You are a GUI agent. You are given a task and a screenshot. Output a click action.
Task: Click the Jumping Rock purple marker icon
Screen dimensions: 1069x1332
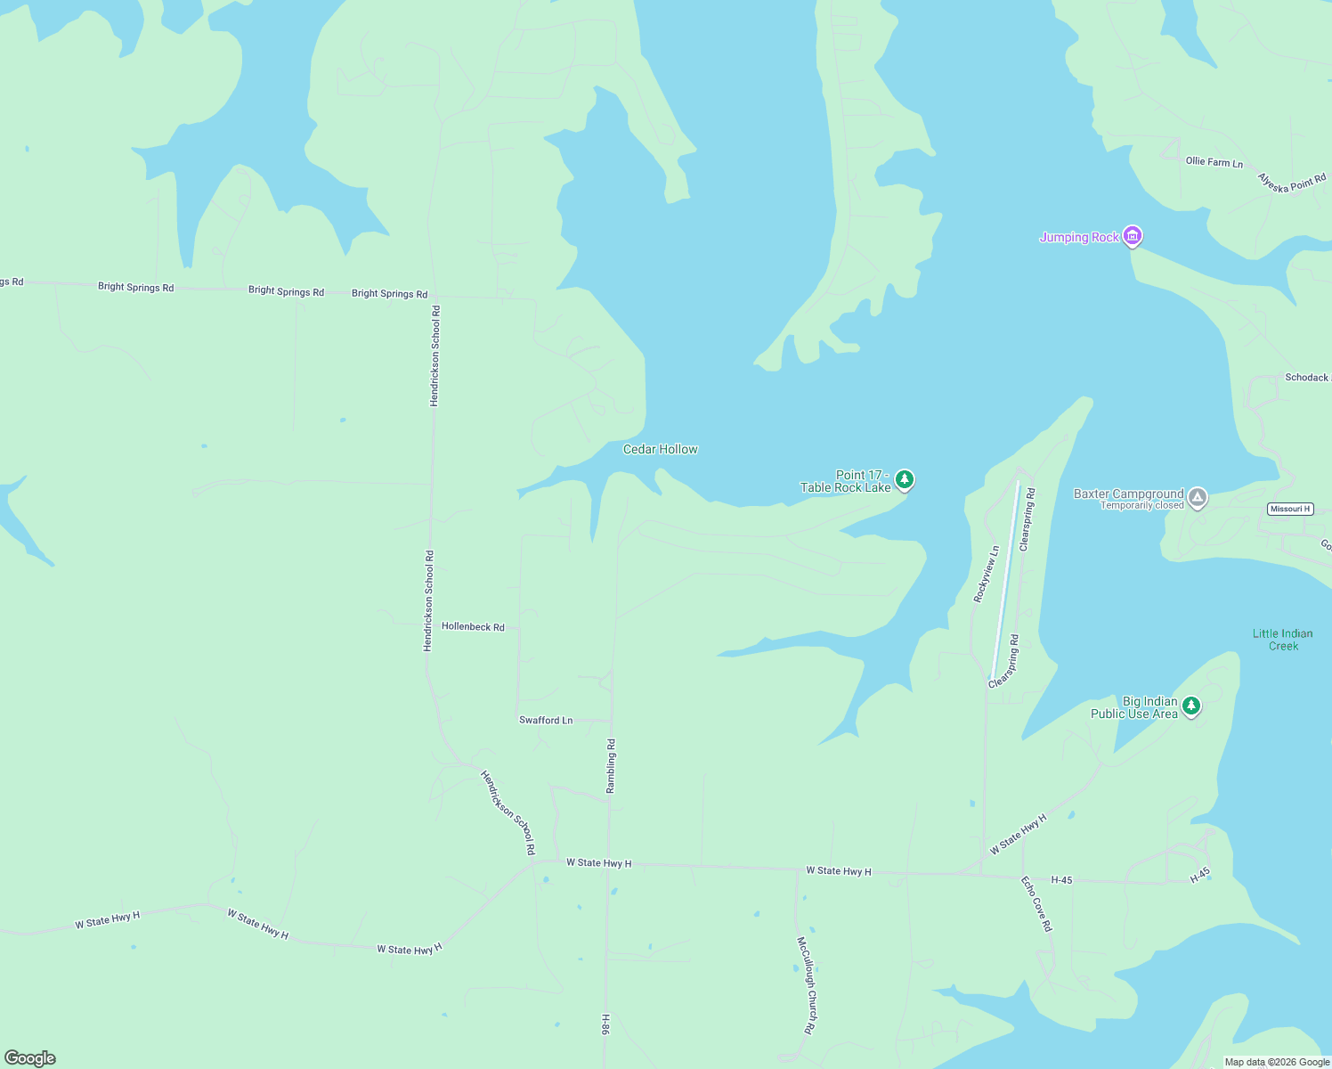point(1133,236)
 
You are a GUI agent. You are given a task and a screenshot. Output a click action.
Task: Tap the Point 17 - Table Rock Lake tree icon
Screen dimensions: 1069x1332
point(905,480)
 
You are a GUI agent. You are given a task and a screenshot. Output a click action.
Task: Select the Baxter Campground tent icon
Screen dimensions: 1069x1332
point(1198,497)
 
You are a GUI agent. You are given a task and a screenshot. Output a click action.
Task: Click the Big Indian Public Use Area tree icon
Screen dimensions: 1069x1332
point(1191,706)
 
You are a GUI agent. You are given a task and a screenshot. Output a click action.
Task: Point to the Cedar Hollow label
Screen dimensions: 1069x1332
point(660,449)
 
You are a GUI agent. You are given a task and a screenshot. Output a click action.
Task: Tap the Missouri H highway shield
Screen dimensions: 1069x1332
point(1290,509)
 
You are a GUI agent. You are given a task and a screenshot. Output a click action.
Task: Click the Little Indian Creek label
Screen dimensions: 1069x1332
point(1282,640)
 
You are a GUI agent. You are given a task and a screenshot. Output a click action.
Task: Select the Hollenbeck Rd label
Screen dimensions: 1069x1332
point(473,627)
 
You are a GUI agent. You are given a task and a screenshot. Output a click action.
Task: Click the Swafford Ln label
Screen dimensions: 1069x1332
point(546,720)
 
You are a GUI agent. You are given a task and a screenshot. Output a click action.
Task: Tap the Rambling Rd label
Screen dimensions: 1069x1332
point(611,766)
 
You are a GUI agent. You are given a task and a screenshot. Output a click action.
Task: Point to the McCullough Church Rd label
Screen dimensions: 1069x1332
point(805,985)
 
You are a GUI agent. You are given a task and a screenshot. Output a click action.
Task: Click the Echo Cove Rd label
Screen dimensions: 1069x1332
point(1036,904)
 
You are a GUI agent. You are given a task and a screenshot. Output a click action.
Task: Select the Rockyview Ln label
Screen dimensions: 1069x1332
point(987,575)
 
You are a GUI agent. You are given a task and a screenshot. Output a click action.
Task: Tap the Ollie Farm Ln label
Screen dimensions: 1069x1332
point(1214,162)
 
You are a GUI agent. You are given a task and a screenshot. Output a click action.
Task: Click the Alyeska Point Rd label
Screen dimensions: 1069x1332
point(1291,183)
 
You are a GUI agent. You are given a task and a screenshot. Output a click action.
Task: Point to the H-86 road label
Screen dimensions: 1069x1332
point(605,1024)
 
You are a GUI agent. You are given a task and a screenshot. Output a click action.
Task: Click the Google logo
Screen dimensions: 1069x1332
point(30,1058)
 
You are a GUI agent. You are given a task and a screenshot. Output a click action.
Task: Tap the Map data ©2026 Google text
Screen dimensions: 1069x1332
point(1277,1062)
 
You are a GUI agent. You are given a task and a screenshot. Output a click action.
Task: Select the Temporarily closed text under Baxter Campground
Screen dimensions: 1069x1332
point(1141,505)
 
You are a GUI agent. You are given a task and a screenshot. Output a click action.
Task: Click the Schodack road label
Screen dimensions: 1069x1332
point(1306,378)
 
